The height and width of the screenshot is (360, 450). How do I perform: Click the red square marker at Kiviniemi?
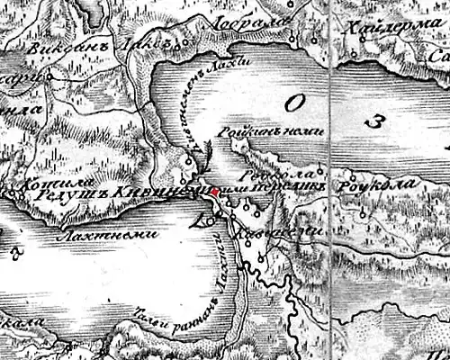(214, 192)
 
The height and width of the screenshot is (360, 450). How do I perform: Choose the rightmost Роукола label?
(371, 185)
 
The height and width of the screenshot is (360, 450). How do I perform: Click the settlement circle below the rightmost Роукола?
(362, 214)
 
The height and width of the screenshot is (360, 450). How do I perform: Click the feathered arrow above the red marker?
(204, 156)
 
